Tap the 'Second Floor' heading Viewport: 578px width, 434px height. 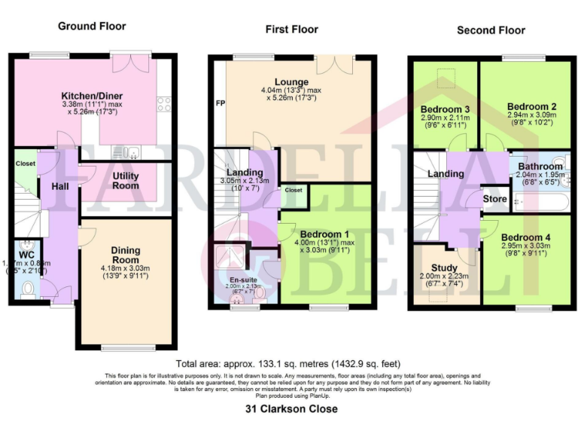point(491,30)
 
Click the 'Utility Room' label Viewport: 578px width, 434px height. point(126,180)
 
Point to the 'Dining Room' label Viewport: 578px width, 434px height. point(126,251)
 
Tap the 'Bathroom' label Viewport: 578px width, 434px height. point(540,167)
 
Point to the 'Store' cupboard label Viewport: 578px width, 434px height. point(495,200)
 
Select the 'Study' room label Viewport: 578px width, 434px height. point(444,267)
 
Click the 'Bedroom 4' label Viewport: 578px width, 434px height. point(527,237)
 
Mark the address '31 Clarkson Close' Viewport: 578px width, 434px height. point(291,409)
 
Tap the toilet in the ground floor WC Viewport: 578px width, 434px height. point(28,287)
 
